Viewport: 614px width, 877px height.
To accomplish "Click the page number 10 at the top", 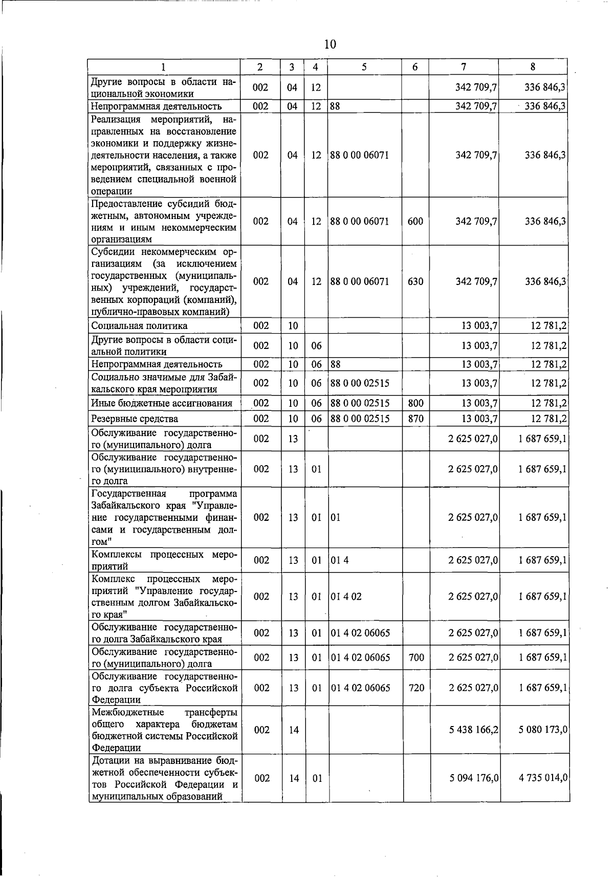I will (x=330, y=45).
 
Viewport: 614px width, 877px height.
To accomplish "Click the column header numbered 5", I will (x=364, y=67).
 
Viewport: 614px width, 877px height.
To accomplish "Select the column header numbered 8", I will (x=533, y=67).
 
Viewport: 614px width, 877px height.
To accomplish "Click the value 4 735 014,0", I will (x=543, y=778).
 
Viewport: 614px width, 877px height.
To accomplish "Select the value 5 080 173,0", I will (x=543, y=730).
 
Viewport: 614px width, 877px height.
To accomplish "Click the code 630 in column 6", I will (x=415, y=281).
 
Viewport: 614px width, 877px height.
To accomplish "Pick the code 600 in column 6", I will (x=415, y=222).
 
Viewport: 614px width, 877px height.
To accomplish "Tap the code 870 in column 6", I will (x=415, y=419).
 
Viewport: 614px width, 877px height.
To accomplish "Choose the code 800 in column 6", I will (x=415, y=403).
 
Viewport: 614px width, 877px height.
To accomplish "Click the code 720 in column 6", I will (x=416, y=688).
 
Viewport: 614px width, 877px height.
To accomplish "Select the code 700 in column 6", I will (x=416, y=657).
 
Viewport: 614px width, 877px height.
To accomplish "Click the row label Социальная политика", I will (x=139, y=326).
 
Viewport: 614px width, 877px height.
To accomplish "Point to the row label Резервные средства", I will (x=135, y=419).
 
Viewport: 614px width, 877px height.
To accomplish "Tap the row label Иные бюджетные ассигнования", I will (x=161, y=404).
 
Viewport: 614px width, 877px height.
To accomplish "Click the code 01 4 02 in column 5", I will (x=346, y=597).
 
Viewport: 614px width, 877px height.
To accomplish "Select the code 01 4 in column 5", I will (x=340, y=560).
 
